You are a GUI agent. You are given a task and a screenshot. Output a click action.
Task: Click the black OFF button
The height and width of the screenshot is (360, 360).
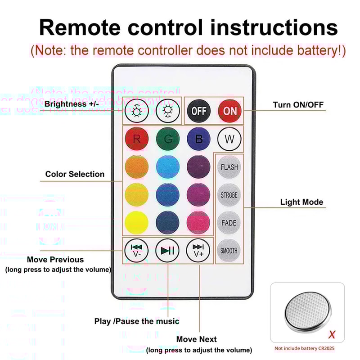[x=198, y=111]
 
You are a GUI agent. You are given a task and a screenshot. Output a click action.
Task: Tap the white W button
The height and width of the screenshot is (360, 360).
[x=229, y=139]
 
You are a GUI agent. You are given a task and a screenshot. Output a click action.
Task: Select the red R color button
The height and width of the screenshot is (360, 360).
[x=136, y=139]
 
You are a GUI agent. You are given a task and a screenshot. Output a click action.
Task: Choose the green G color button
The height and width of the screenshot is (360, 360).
[x=168, y=139]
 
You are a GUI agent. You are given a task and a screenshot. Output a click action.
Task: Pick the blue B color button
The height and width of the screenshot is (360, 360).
[x=198, y=139]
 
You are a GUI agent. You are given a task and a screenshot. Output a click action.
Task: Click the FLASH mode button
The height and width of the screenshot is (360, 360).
[x=229, y=167]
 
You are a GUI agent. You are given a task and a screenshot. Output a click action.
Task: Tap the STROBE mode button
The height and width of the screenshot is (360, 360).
[x=229, y=195]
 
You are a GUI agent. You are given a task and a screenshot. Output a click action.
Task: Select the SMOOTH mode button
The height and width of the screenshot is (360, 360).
[x=229, y=251]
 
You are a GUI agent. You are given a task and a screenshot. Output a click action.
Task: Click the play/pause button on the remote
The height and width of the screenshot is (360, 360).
[x=167, y=251]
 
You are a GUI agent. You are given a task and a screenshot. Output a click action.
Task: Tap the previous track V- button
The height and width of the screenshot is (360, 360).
[x=136, y=251]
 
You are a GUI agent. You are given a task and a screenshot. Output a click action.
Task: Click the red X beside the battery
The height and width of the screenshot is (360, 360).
[x=332, y=335]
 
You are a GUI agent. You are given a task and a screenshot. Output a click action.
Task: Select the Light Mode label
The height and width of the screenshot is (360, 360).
[x=301, y=202]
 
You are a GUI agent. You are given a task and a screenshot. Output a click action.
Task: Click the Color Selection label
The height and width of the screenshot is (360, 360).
[x=75, y=174]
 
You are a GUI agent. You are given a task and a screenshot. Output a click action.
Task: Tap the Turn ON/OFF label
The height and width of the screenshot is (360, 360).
[x=298, y=105]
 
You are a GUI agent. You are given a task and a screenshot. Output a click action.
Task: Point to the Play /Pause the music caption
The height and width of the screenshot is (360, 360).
[x=137, y=321]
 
